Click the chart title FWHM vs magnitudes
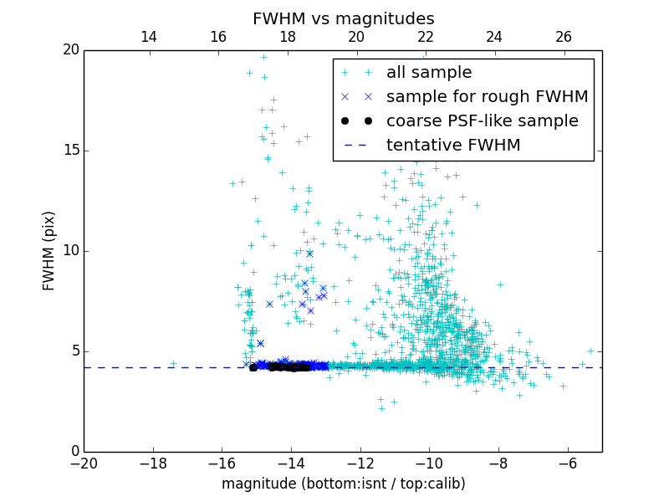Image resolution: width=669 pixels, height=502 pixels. point(343,18)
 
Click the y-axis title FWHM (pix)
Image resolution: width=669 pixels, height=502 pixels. point(49,251)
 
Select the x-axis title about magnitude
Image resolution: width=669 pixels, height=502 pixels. point(343,484)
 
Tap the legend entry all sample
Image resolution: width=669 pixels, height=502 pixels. point(429,73)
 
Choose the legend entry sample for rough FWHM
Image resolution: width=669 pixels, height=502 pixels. point(487,97)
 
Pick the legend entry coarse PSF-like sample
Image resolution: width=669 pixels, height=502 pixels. point(482,121)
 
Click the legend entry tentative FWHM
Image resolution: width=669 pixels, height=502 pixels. point(453,146)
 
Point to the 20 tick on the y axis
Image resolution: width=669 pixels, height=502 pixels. point(70,50)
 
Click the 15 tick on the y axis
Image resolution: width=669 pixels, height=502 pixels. point(70,151)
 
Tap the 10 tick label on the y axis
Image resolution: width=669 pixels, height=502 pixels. point(70,251)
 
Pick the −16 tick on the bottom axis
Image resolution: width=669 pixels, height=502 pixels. point(222,464)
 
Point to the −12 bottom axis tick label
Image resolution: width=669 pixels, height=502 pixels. point(360,464)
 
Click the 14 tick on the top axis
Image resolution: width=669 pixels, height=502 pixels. point(149,37)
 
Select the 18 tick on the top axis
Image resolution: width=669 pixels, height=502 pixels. point(287,37)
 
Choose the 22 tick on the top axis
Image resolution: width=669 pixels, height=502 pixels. point(426,37)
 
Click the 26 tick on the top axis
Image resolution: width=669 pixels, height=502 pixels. point(564,37)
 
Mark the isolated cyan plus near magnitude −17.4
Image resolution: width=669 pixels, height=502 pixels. point(173,364)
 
